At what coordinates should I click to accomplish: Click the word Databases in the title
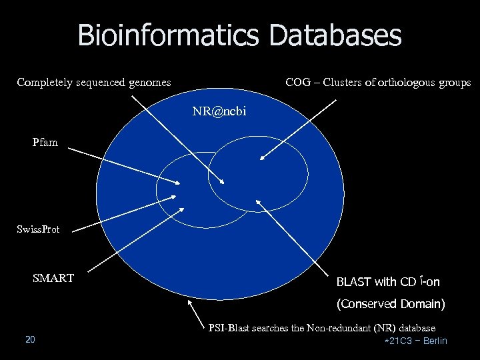pos(335,35)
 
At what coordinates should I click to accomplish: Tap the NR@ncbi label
pos(219,111)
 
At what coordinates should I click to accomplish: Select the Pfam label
pos(45,142)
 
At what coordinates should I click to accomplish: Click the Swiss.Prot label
pos(38,229)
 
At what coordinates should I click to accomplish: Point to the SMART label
pos(53,278)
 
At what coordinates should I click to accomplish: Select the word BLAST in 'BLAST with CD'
pos(356,282)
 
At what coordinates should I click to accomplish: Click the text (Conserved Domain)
pos(391,304)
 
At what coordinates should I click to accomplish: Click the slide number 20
pos(30,340)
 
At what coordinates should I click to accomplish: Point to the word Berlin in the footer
pos(435,341)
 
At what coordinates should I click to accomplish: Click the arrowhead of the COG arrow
pos(261,159)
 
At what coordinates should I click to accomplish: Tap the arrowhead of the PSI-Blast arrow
pos(190,301)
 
